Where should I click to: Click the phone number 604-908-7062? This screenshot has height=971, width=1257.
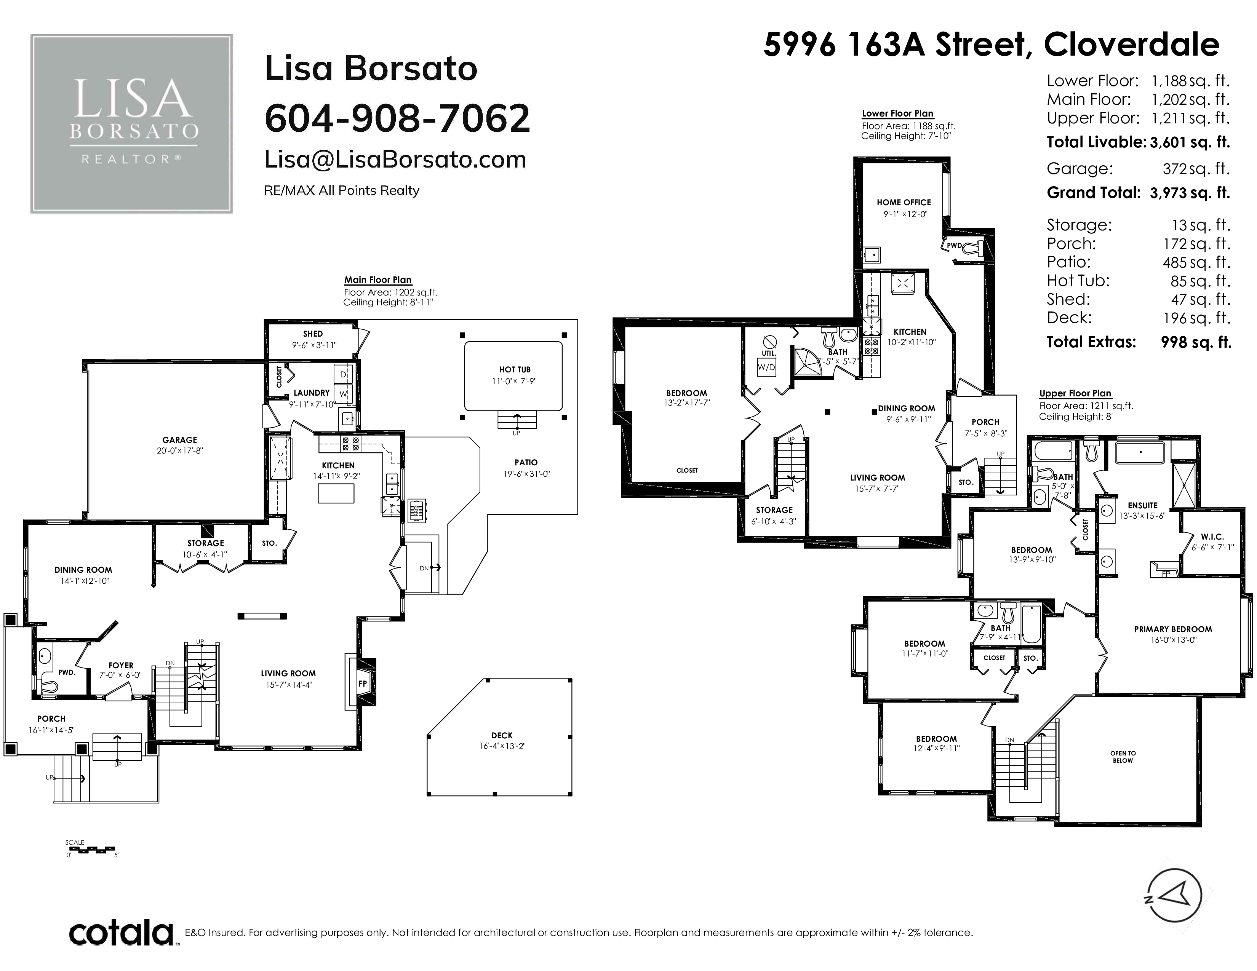[397, 118]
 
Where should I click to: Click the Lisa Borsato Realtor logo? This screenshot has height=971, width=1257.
[132, 124]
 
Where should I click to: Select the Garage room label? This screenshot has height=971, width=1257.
[179, 440]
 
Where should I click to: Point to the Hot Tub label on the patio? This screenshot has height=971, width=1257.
[515, 370]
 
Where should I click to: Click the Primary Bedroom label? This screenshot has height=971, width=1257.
[1173, 629]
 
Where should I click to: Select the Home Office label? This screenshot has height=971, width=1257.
[904, 203]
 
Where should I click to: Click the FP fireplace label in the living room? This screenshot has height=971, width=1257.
[363, 684]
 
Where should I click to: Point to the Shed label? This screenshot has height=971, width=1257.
[313, 334]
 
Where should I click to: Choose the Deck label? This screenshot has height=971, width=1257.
[502, 735]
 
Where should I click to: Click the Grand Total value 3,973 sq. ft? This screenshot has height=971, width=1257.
[1190, 193]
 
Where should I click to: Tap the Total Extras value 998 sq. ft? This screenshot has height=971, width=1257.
[1196, 342]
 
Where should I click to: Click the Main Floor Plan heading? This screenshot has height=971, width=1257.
[377, 280]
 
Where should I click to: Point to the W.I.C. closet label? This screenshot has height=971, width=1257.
[1212, 537]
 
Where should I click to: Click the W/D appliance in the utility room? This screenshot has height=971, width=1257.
[766, 367]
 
